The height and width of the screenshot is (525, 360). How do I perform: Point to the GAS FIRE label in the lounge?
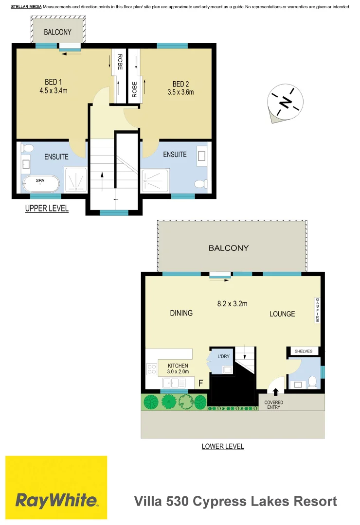pyautogui.click(x=317, y=311)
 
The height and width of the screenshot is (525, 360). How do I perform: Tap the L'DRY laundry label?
pyautogui.click(x=223, y=356)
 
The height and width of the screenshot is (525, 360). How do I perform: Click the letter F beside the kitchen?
pyautogui.click(x=200, y=383)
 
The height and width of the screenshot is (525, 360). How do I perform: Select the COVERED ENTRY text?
pyautogui.click(x=273, y=405)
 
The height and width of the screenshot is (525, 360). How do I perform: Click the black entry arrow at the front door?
pyautogui.click(x=276, y=391)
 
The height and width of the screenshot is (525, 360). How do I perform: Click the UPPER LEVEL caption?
pyautogui.click(x=47, y=209)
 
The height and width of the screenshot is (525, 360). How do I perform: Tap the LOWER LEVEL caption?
pyautogui.click(x=223, y=446)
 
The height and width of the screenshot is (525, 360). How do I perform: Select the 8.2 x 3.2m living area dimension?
pyautogui.click(x=232, y=304)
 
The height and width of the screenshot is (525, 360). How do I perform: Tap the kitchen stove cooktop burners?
pyautogui.click(x=151, y=369)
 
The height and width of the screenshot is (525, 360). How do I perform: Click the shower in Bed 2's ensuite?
pyautogui.click(x=155, y=181)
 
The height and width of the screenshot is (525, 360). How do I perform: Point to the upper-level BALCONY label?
pyautogui.click(x=57, y=33)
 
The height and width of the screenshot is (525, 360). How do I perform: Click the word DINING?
pyautogui.click(x=181, y=313)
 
